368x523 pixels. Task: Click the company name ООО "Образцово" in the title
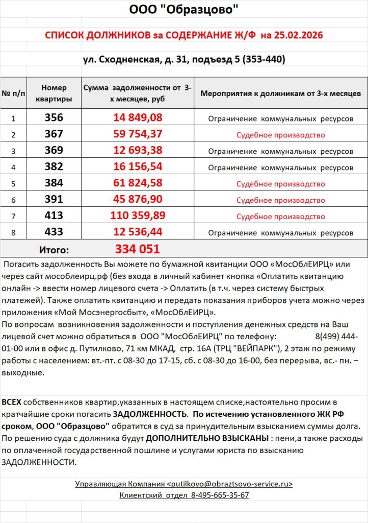click(183, 10)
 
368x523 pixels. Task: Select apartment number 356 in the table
click(54, 118)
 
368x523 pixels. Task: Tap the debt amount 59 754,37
click(138, 134)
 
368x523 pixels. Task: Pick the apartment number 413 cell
click(54, 216)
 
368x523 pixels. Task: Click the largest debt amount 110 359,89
click(138, 216)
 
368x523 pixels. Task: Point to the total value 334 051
click(138, 249)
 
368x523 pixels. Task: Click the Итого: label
click(54, 250)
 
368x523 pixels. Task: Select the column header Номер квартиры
click(54, 93)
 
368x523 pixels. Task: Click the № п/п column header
click(13, 93)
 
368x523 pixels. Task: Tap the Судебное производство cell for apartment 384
click(280, 184)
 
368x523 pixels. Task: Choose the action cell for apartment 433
click(280, 233)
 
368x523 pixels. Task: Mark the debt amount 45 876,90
click(138, 200)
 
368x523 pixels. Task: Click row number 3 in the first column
click(13, 151)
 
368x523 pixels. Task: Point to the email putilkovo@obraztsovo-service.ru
click(230, 483)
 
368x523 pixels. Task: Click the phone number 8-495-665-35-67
click(220, 495)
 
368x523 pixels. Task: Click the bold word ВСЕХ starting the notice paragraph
click(11, 402)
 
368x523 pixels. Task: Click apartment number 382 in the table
click(54, 167)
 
